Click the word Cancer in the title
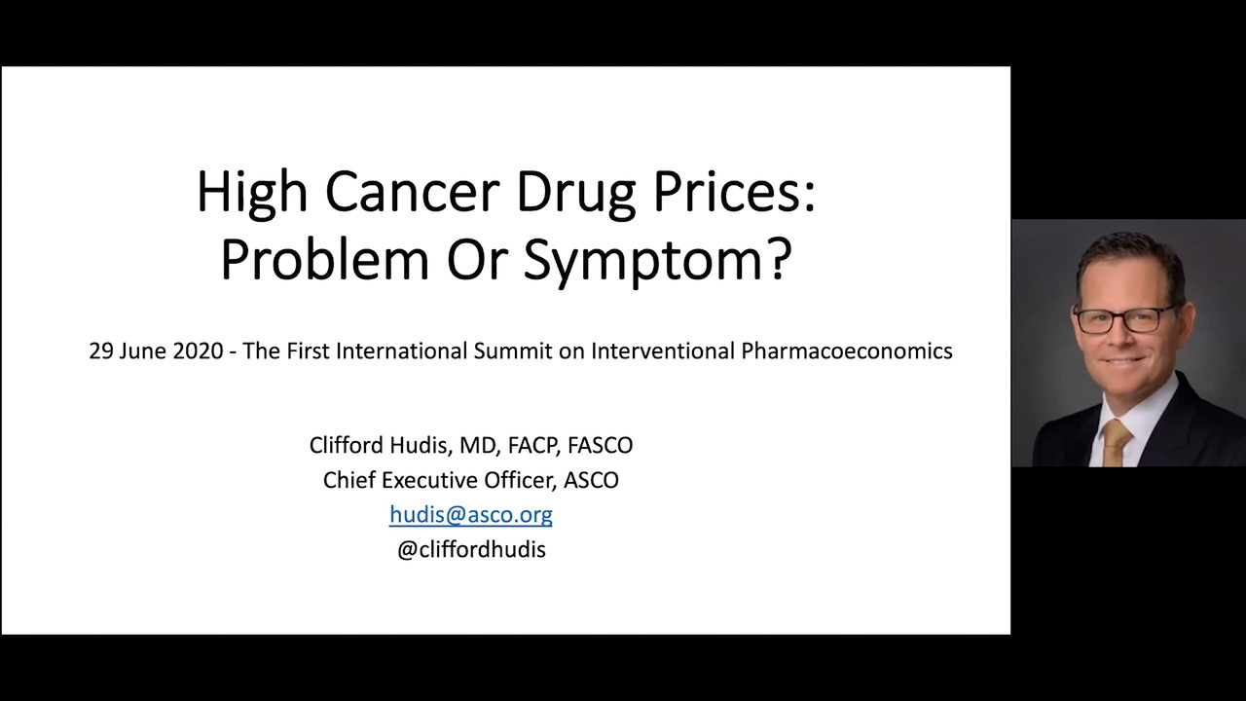coord(412,192)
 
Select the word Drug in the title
coord(576,196)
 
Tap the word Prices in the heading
coord(728,192)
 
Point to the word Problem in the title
coord(325,259)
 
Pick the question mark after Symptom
coord(780,259)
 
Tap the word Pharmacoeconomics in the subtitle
coord(847,351)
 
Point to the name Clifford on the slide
coord(347,445)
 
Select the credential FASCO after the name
coord(601,445)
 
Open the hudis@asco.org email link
coord(471,515)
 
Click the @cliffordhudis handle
coord(472,550)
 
